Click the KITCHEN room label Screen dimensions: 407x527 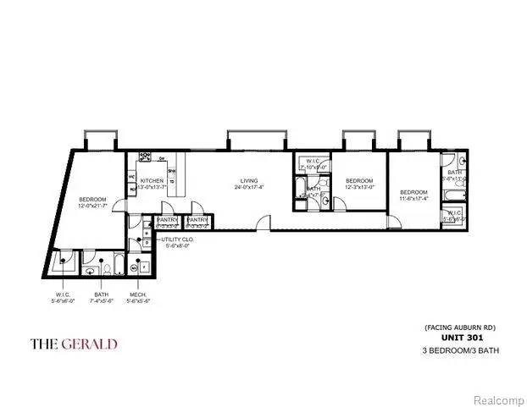pos(152,181)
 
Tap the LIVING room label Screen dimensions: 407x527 pos(248,181)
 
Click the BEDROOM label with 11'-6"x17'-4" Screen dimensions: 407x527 pos(413,192)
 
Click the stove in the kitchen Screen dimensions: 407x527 pos(145,157)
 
